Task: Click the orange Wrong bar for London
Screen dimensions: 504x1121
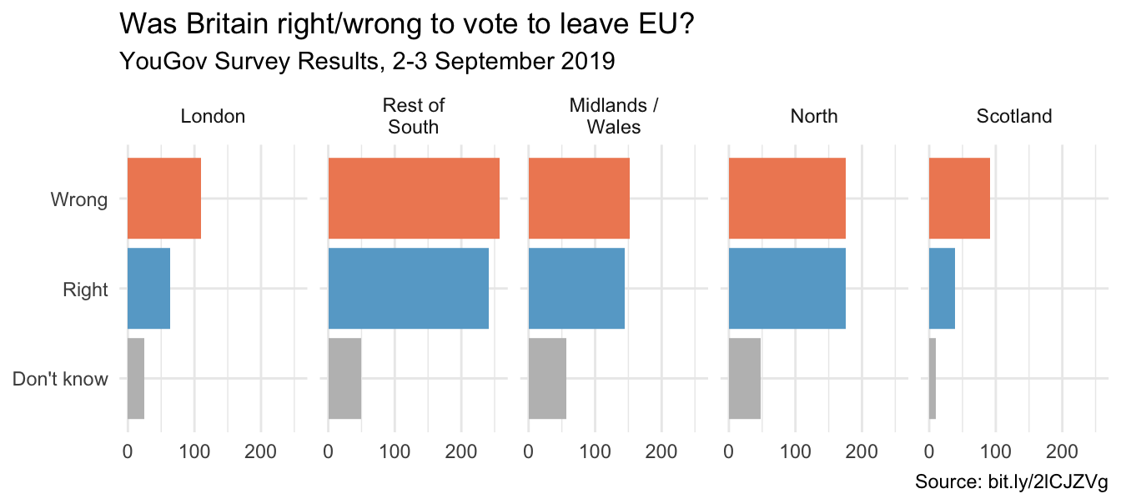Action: (163, 199)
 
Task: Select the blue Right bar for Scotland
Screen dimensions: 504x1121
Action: (942, 289)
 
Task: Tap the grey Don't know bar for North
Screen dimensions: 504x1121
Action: (745, 379)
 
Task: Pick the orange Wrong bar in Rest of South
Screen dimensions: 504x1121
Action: (414, 199)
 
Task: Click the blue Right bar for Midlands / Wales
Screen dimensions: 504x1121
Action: (576, 289)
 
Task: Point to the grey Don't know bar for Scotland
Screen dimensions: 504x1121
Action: (932, 379)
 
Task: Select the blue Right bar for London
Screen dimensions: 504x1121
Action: (148, 289)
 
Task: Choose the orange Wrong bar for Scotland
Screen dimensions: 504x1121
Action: (959, 199)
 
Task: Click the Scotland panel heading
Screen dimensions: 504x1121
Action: (1014, 117)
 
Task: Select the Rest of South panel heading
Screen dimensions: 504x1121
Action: (414, 117)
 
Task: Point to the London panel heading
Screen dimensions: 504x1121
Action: (213, 117)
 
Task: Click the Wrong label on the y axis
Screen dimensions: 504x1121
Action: (79, 200)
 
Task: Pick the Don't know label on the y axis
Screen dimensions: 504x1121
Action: (61, 380)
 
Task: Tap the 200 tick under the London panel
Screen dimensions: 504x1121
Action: (261, 452)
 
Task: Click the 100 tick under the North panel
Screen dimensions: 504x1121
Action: (795, 452)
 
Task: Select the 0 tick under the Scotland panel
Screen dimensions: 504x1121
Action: (929, 452)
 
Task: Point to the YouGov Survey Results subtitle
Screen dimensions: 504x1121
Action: (367, 61)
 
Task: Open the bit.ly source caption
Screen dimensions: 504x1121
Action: (1011, 483)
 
